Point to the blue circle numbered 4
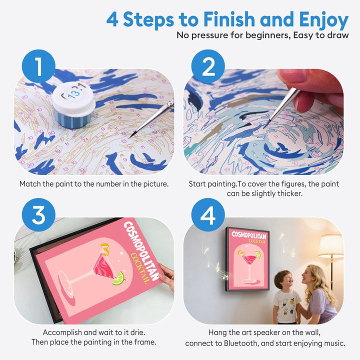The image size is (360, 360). point(207,215)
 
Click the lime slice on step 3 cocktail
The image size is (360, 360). point(117,278)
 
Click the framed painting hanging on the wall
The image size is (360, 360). point(247,259)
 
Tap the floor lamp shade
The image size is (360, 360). point(330,246)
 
